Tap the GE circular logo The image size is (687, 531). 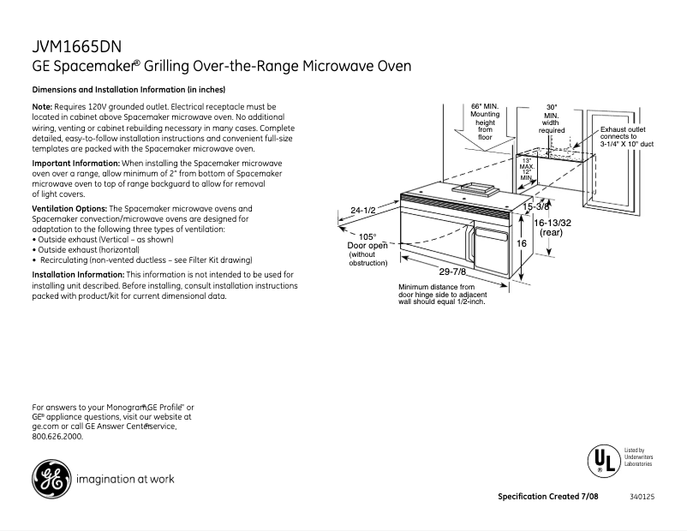pos(50,479)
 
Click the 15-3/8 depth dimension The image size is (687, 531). pos(535,207)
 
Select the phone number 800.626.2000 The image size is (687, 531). pos(57,437)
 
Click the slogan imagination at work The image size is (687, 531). pos(126,480)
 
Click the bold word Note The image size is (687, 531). pos(42,105)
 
